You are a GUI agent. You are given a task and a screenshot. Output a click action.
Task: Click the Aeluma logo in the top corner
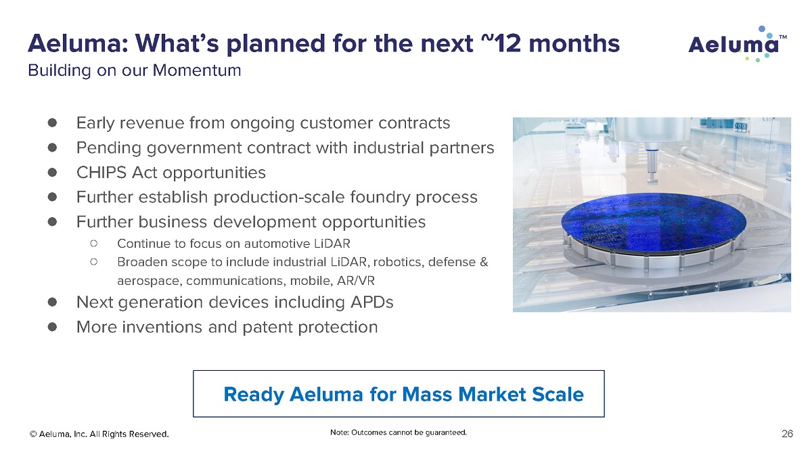[737, 44]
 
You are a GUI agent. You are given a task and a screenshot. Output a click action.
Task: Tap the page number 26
[787, 434]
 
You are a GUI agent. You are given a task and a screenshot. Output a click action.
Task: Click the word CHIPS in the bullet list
[101, 173]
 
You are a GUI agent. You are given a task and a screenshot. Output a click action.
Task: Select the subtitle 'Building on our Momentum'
[135, 70]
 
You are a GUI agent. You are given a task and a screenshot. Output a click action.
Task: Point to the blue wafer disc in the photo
[654, 222]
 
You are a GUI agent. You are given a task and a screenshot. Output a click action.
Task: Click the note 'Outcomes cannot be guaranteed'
[399, 432]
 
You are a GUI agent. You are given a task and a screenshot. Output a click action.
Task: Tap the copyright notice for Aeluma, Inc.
[99, 434]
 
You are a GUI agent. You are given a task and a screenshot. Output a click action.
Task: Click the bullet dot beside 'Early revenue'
[52, 123]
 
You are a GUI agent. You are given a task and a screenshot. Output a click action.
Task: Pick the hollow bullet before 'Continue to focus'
[94, 244]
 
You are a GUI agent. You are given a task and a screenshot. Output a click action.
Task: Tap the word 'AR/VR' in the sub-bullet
[356, 281]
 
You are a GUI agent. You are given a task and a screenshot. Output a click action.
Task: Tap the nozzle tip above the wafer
[652, 180]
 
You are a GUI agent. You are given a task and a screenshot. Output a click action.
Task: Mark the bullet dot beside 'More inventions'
[52, 327]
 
